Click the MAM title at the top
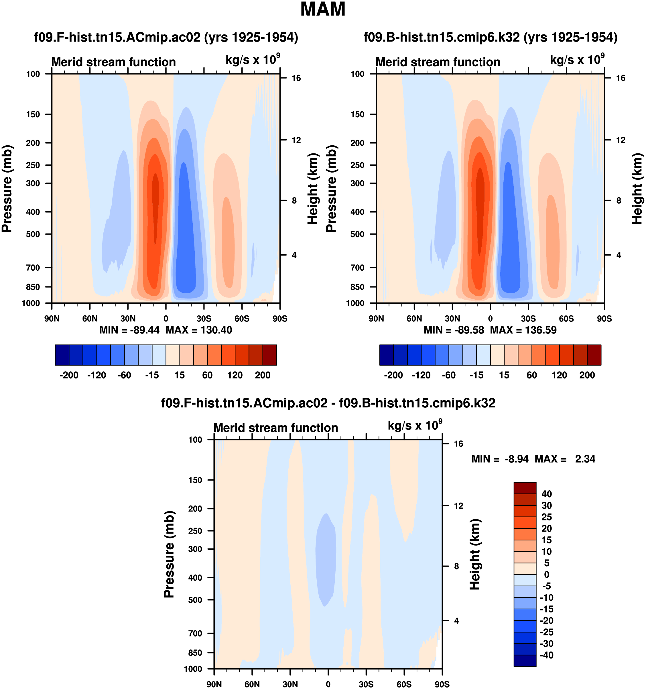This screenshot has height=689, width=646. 323,9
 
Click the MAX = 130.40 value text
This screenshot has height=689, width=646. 199,330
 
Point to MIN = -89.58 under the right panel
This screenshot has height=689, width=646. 454,330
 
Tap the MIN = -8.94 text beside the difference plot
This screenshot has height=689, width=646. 500,459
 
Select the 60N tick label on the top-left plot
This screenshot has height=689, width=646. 90,319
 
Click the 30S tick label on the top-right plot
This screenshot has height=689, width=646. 528,319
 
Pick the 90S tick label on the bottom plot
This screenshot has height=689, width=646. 442,684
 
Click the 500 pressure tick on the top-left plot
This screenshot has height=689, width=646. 33,234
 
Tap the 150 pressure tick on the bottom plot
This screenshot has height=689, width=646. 195,480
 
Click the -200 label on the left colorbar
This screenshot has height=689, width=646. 69,375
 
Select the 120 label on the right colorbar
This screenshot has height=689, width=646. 560,375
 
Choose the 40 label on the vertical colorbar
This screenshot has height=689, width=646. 547,494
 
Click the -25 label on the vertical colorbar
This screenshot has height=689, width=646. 547,632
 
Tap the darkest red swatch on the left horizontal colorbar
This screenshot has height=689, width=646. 270,355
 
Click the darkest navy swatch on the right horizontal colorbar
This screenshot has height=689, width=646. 386,355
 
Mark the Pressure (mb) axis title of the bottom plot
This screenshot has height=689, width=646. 169,554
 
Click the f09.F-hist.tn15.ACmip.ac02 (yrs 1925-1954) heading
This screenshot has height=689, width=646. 166,37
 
